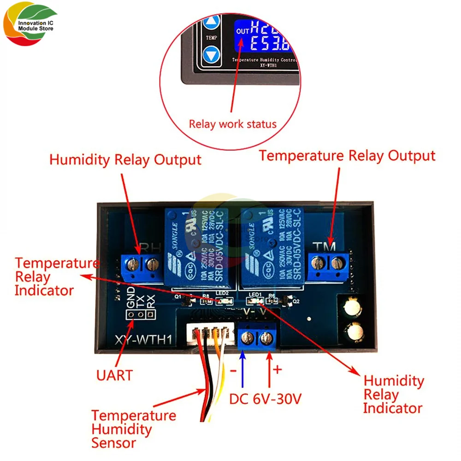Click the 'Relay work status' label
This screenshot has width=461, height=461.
[x=232, y=124]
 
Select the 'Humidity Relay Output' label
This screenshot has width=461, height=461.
[x=125, y=160]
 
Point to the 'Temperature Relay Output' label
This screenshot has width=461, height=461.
[x=347, y=155]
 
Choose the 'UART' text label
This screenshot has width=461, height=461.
[x=114, y=375]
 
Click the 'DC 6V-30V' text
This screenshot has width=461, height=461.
[x=265, y=398]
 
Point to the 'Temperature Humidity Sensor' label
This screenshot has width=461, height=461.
[x=133, y=429]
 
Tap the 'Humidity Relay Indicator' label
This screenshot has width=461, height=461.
[x=393, y=394]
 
